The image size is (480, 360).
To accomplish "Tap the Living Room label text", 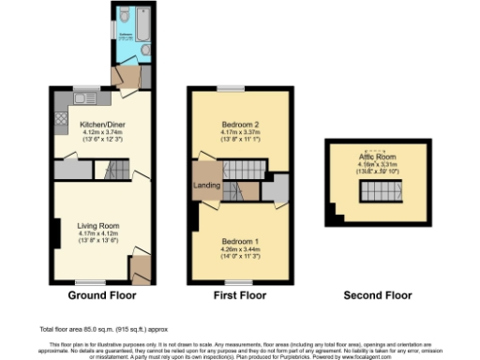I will [x=97, y=225].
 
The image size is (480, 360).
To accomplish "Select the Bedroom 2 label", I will [x=241, y=126].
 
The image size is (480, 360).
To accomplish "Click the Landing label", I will [x=206, y=185].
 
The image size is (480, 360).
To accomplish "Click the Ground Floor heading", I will [x=102, y=295].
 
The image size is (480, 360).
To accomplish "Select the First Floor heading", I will [x=240, y=295].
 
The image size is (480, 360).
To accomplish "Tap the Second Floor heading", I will [x=377, y=295].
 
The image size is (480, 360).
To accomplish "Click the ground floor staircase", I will [x=117, y=170].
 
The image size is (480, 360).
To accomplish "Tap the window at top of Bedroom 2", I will [x=229, y=88].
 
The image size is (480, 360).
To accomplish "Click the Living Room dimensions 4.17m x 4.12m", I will [x=97, y=234].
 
